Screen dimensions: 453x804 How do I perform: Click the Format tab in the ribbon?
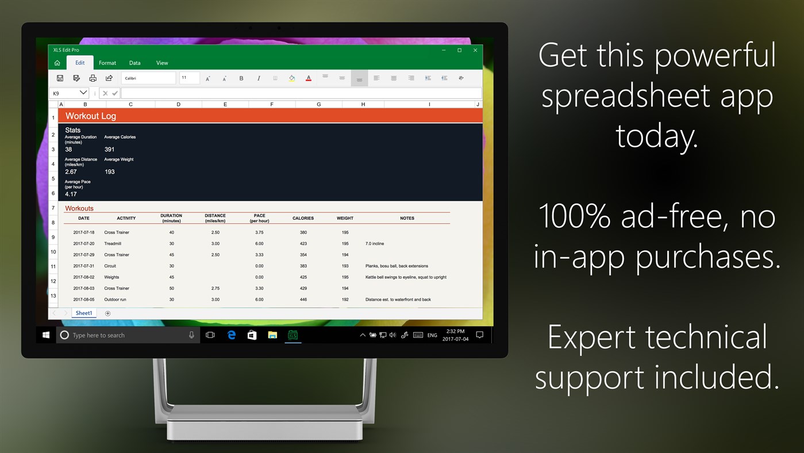[107, 63]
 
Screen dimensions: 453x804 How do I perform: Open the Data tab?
[134, 63]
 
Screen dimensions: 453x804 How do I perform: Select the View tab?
[162, 63]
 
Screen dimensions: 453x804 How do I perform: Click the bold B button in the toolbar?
[241, 78]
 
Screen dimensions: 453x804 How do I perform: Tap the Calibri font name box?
[148, 78]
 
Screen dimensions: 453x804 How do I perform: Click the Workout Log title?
[91, 116]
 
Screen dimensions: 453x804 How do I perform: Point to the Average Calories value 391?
[109, 149]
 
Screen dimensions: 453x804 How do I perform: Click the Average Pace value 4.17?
[71, 194]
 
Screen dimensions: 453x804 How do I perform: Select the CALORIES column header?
[303, 218]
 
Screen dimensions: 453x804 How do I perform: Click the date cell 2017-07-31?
[84, 266]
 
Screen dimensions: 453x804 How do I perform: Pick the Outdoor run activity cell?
[115, 299]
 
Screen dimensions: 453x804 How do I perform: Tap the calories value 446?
[303, 299]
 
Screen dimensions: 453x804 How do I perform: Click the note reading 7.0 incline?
[375, 243]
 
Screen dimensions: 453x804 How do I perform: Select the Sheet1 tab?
[84, 313]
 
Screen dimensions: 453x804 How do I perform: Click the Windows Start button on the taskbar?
[46, 335]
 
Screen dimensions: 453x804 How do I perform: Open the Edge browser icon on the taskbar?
[232, 335]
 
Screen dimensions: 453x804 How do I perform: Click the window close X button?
[475, 50]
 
